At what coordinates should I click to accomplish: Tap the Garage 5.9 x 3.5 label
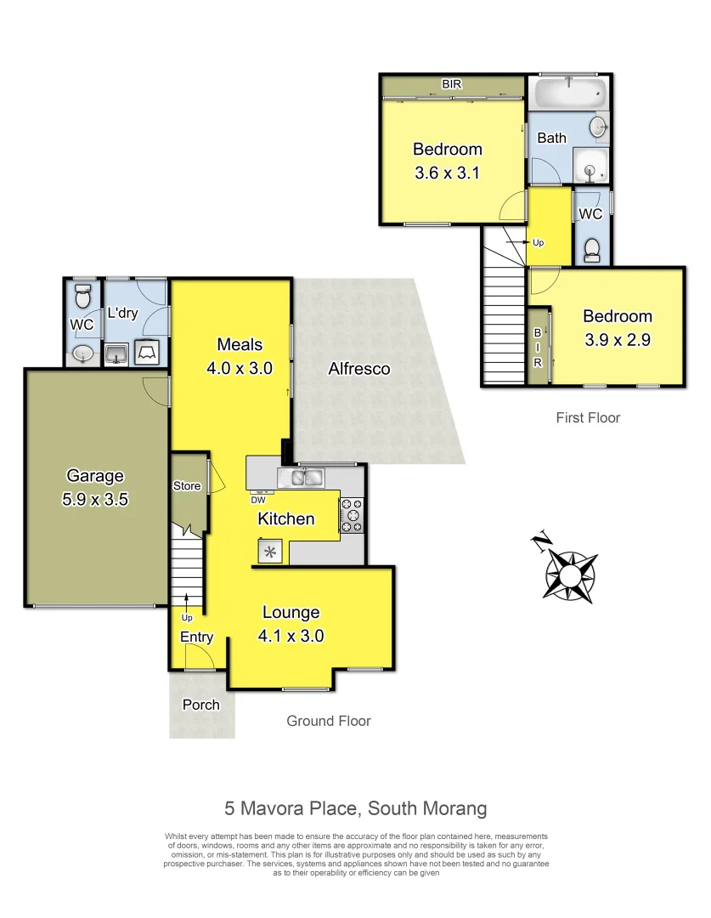click(x=94, y=488)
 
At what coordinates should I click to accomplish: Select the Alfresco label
click(x=359, y=369)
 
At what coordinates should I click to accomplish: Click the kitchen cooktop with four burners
click(x=352, y=515)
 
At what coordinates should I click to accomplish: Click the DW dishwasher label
click(x=257, y=500)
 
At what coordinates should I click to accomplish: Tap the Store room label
click(x=187, y=486)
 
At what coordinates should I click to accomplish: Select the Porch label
click(x=200, y=705)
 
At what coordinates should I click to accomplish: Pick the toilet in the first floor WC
click(x=593, y=247)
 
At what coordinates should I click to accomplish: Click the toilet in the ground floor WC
click(x=82, y=297)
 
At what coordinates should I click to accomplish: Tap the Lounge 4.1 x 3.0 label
click(x=291, y=623)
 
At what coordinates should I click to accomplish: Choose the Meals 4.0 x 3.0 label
click(x=240, y=356)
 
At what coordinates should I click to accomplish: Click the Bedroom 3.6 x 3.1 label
click(x=447, y=161)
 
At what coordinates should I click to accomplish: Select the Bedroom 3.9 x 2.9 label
click(x=617, y=327)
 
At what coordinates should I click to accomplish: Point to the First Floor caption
click(x=588, y=417)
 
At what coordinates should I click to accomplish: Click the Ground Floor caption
click(x=329, y=721)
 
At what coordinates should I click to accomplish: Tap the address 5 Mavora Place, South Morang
click(x=355, y=807)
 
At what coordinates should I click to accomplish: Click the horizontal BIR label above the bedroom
click(x=452, y=85)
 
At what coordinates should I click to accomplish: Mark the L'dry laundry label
click(x=122, y=313)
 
